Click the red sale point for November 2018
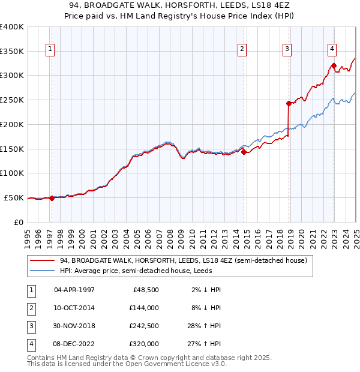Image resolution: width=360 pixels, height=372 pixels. (x=289, y=103)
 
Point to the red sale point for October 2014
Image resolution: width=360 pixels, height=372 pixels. (x=244, y=152)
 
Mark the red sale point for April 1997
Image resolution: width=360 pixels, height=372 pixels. (x=52, y=198)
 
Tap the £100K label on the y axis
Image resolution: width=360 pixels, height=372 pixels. (x=12, y=173)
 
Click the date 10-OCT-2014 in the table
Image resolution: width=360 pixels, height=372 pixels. (x=74, y=308)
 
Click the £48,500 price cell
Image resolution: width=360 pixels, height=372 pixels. (x=146, y=290)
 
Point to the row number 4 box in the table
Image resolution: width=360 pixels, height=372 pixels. (x=31, y=344)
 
